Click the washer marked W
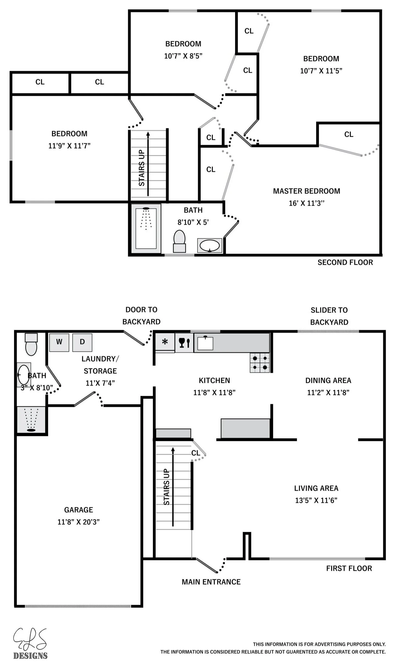59,342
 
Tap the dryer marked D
82,342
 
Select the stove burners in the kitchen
260,363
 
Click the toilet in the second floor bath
179,241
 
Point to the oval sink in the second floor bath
210,246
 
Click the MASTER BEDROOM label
307,191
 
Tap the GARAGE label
79,510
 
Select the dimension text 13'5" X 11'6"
316,500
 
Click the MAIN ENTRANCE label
211,582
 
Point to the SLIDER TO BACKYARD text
329,316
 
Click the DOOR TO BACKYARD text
141,315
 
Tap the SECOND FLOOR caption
345,262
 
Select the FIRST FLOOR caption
349,568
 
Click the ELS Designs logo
30,643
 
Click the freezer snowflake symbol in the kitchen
165,342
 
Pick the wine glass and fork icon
184,342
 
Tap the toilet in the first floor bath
31,344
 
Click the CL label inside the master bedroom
349,134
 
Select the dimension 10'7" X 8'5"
183,56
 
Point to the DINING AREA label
328,380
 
